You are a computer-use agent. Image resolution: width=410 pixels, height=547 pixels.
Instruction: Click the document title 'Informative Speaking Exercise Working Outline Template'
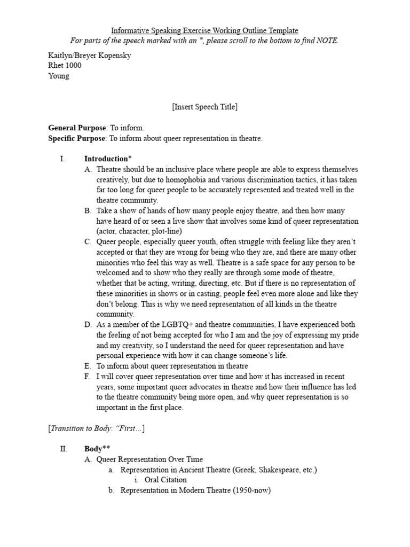(204, 30)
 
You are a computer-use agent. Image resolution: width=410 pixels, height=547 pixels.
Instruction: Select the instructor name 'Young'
(59, 76)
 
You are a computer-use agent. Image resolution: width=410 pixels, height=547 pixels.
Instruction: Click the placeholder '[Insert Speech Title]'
(204, 107)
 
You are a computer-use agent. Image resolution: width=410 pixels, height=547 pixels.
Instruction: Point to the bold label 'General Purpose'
(77, 128)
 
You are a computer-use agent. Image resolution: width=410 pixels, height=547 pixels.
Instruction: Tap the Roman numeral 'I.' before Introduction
(62, 159)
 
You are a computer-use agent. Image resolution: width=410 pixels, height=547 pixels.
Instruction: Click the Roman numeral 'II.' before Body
(64, 449)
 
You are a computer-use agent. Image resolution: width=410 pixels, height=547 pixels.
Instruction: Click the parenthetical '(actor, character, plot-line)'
(139, 231)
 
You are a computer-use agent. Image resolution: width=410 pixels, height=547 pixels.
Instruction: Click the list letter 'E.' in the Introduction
(88, 366)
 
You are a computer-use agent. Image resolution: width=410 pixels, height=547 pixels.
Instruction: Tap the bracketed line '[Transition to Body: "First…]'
(97, 428)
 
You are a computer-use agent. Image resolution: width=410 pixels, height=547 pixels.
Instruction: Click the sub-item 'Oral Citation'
(165, 480)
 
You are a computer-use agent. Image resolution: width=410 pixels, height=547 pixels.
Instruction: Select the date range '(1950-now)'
(252, 490)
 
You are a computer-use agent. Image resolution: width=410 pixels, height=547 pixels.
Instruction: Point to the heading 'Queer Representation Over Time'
(149, 459)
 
